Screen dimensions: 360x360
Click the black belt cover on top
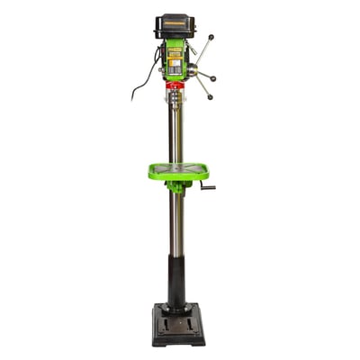point(175,24)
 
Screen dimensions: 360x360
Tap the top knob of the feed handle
point(211,37)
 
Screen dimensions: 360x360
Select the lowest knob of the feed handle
point(210,95)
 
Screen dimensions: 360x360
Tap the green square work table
point(178,170)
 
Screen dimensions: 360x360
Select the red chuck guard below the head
point(175,86)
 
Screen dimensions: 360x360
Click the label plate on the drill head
point(174,52)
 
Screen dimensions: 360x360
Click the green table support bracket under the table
point(176,186)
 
